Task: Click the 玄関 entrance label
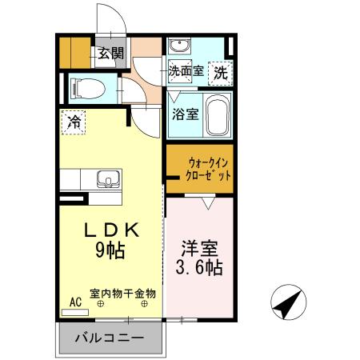[x=111, y=54]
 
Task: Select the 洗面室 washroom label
[x=186, y=71]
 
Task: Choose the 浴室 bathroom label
[x=185, y=114]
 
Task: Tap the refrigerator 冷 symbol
[x=73, y=122]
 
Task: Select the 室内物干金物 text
[x=122, y=293]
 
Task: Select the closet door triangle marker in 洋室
[x=208, y=204]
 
